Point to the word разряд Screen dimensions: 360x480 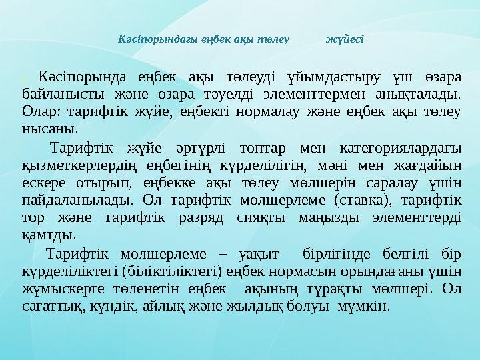tap(177, 217)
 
